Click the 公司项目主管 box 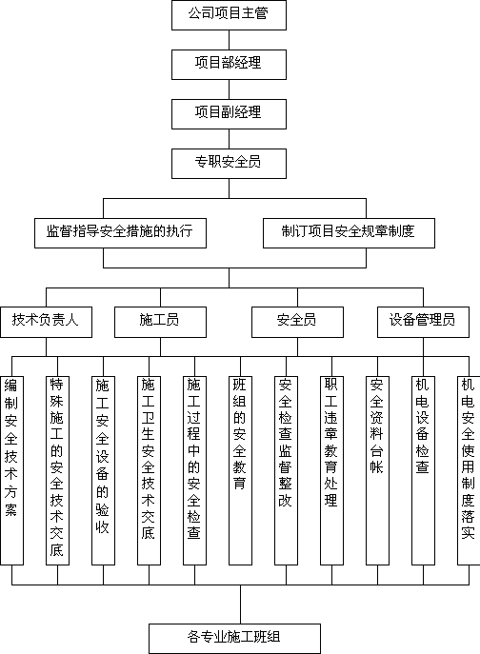pos(229,15)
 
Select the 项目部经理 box pos(229,65)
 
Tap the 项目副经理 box pos(229,114)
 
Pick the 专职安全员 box pos(229,164)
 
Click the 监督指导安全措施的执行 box pos(120,233)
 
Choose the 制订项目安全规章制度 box pos(349,233)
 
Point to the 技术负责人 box pos(46,322)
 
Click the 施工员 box pos(160,322)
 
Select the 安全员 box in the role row pos(297,322)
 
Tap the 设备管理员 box pos(423,322)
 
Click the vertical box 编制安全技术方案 pos(11,471)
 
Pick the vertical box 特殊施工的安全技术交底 pos(57,471)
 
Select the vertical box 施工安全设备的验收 pos(103,471)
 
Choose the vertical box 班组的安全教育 pos(240,471)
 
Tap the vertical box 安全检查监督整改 pos(287,471)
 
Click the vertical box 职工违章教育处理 pos(331,471)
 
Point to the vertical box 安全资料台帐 pos(378,471)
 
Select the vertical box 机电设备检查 pos(423,471)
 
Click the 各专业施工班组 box pos(234,639)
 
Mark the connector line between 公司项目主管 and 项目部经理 pos(229,40)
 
